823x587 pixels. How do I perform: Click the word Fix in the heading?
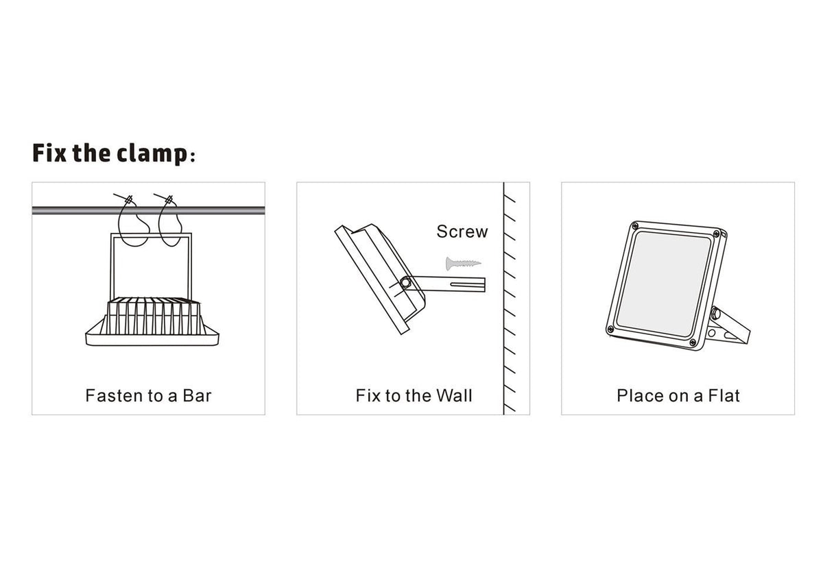point(49,153)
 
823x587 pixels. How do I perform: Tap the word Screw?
point(462,232)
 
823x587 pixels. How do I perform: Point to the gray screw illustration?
point(463,263)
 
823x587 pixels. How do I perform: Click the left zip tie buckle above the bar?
point(129,200)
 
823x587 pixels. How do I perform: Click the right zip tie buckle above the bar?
point(169,200)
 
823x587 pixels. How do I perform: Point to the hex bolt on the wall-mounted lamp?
point(405,282)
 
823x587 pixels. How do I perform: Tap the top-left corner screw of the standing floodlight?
point(634,226)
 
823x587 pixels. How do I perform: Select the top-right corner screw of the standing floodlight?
point(716,234)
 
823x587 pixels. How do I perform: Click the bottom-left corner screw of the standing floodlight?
point(610,328)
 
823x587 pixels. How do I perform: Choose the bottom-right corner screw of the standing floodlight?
point(693,342)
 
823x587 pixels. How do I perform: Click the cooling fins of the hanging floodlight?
point(154,316)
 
